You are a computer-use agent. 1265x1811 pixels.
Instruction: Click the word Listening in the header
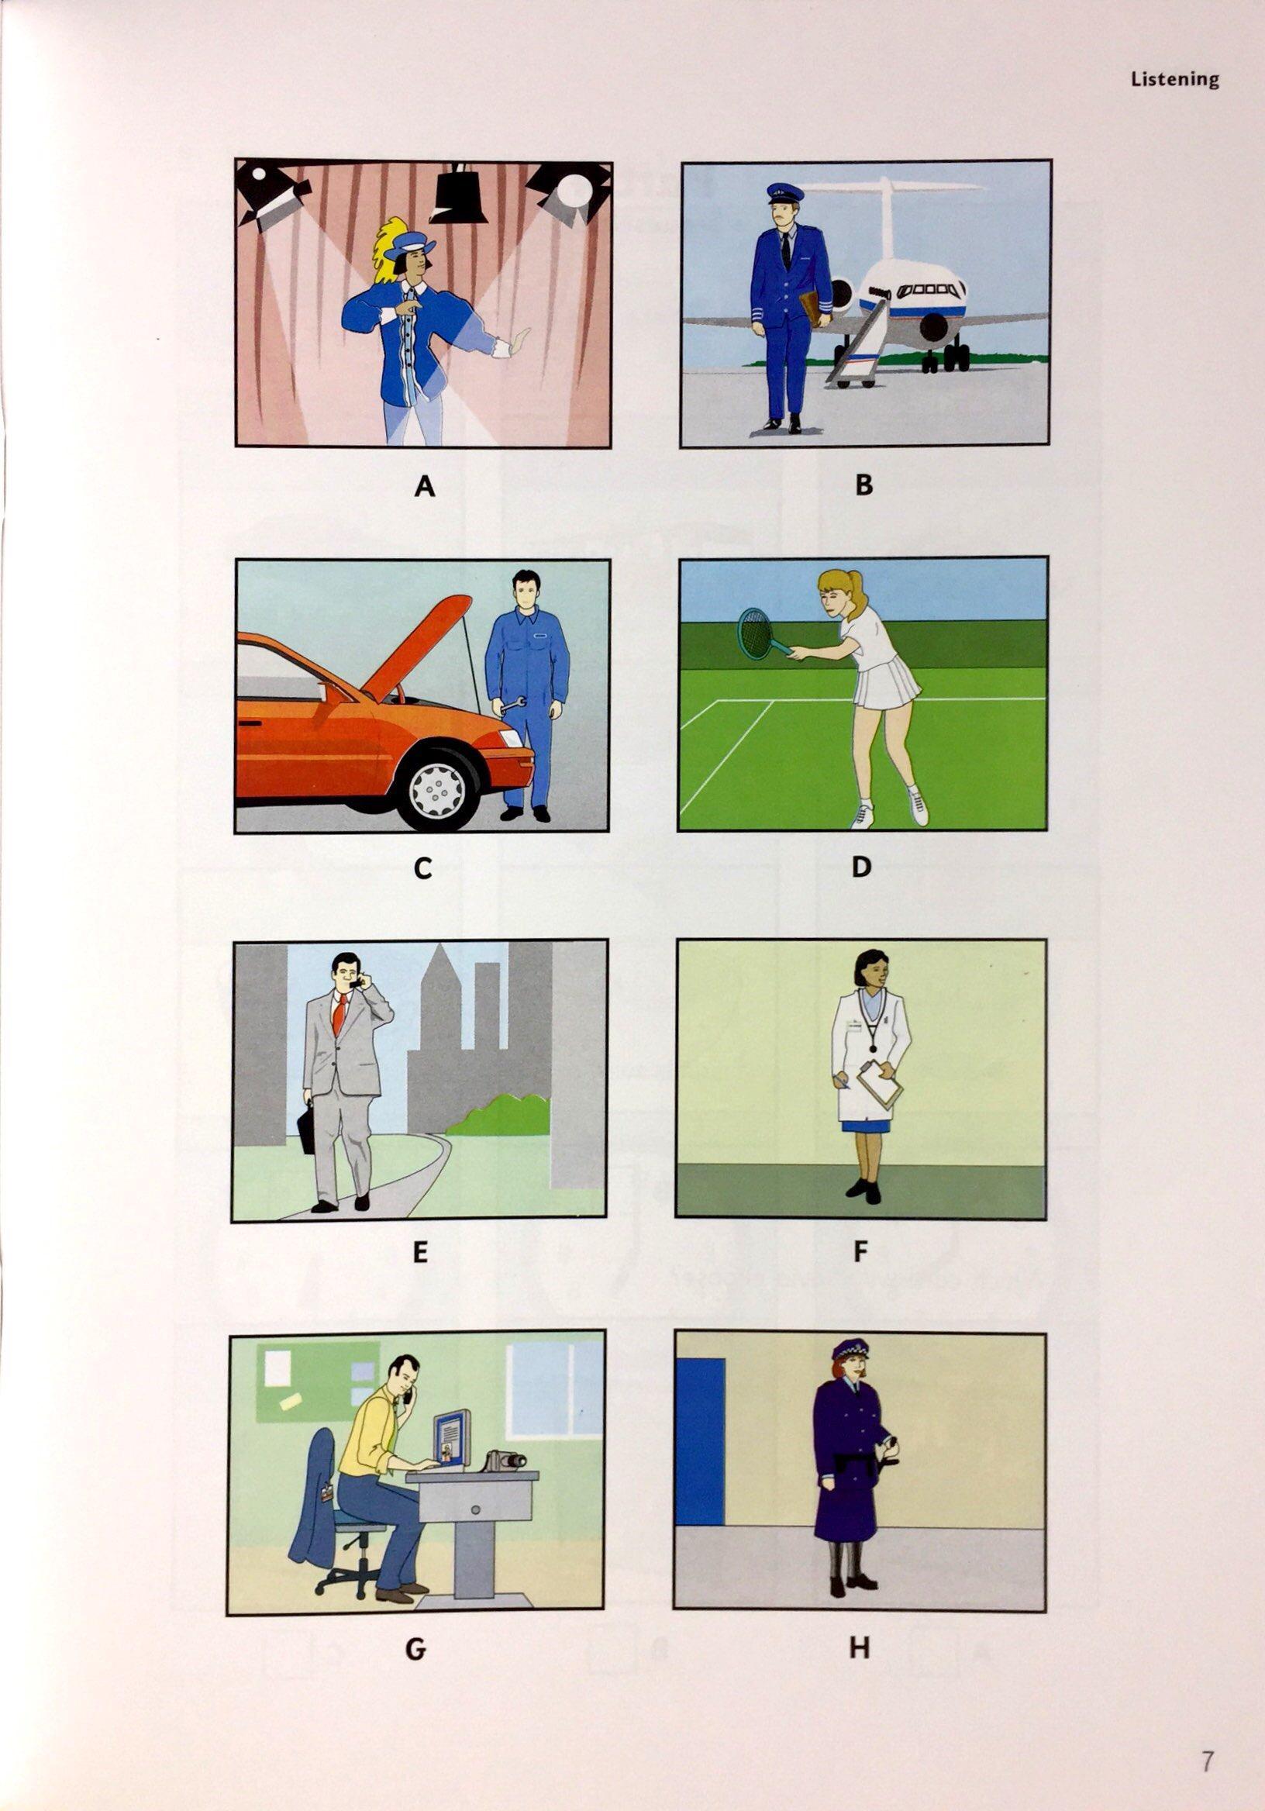click(1174, 80)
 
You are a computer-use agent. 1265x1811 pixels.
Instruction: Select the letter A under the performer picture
click(424, 487)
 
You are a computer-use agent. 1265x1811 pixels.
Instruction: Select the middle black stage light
click(460, 195)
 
